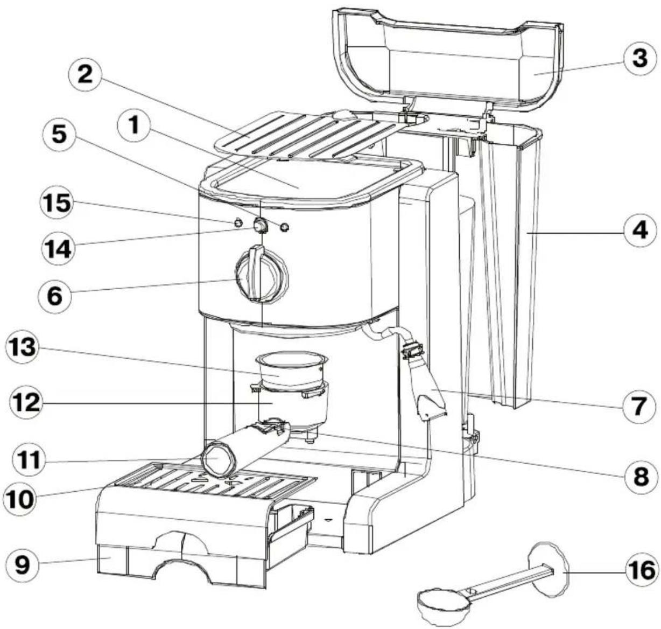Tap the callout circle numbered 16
point(641,569)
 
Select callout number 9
point(23,563)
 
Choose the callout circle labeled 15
point(57,204)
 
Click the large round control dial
point(261,274)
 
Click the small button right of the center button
point(285,227)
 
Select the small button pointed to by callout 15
point(238,222)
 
